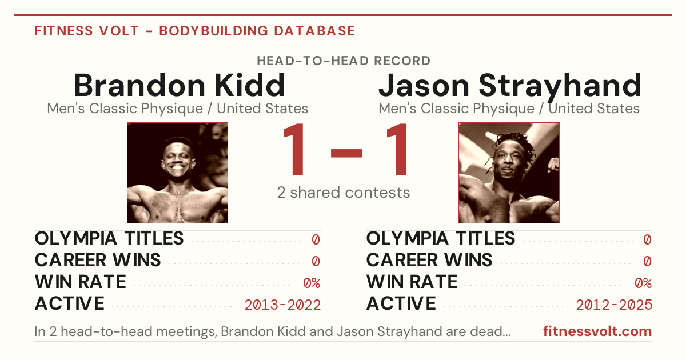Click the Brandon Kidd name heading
coord(180,85)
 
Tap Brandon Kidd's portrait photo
coord(178,173)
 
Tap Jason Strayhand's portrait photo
coord(509,173)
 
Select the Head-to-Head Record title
coord(344,61)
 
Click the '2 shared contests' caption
coord(344,193)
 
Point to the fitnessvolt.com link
coord(597,331)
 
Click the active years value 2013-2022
coord(282,305)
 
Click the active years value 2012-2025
coord(614,305)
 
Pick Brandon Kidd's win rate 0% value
coord(312,283)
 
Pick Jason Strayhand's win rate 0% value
coord(643,283)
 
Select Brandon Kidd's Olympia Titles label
coord(109,238)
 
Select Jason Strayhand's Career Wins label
coord(429,260)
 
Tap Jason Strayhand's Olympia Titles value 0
coord(647,239)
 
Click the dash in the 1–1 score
coord(346,153)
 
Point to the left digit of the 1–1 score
coord(294,149)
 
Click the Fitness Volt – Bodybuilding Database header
coord(195,31)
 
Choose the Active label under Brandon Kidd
coord(70,303)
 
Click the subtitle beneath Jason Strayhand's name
coord(509,109)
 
